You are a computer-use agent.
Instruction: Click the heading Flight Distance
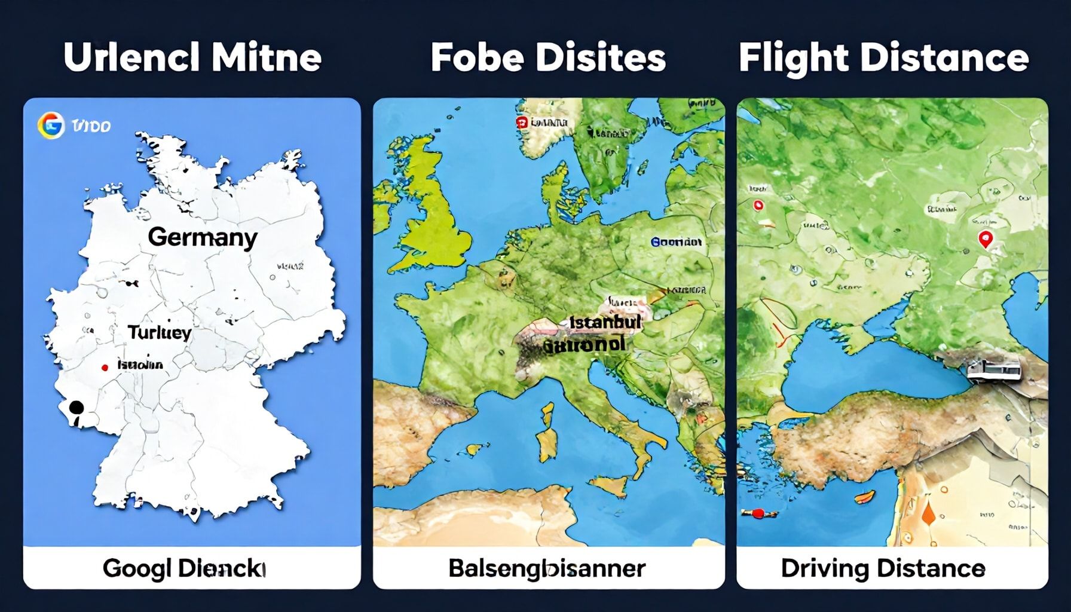pos(883,58)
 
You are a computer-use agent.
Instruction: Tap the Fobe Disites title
pos(548,58)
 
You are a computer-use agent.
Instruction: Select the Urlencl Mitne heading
pos(192,58)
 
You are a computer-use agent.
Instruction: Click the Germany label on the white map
pos(202,237)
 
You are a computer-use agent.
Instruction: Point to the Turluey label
pos(159,332)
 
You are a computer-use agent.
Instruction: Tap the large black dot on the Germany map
pos(76,408)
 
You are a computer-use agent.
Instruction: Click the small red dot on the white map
pos(105,368)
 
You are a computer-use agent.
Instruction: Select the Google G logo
pos(50,126)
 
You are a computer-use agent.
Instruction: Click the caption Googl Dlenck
pos(183,568)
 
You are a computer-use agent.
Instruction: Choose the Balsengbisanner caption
pos(547,568)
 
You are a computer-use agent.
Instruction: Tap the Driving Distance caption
pos(883,568)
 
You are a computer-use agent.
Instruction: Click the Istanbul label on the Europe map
pos(605,323)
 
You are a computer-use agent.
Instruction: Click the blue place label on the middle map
pos(676,242)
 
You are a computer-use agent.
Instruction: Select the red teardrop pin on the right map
pos(985,240)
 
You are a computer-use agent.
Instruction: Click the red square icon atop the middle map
pos(521,123)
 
